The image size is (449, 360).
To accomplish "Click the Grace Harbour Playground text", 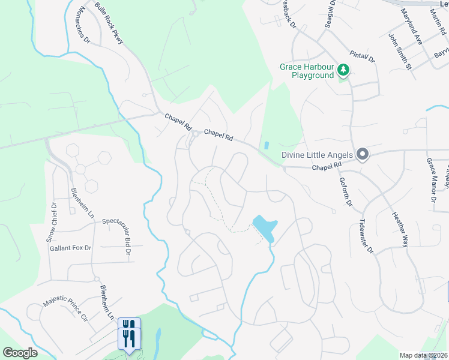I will (x=306, y=71).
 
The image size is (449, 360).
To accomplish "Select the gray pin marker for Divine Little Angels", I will (x=362, y=155).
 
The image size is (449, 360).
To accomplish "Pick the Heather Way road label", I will (x=400, y=230).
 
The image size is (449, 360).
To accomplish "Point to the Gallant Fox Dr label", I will (x=70, y=248).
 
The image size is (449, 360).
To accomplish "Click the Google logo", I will (x=20, y=352).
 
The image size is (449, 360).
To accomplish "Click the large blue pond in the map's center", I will (x=265, y=227).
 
